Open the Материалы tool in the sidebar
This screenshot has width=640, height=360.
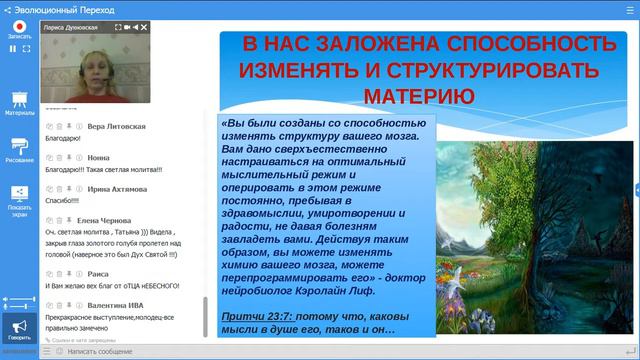pyautogui.click(x=19, y=103)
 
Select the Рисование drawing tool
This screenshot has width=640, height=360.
pyautogui.click(x=19, y=149)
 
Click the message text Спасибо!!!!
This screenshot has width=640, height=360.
pyautogui.click(x=64, y=201)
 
